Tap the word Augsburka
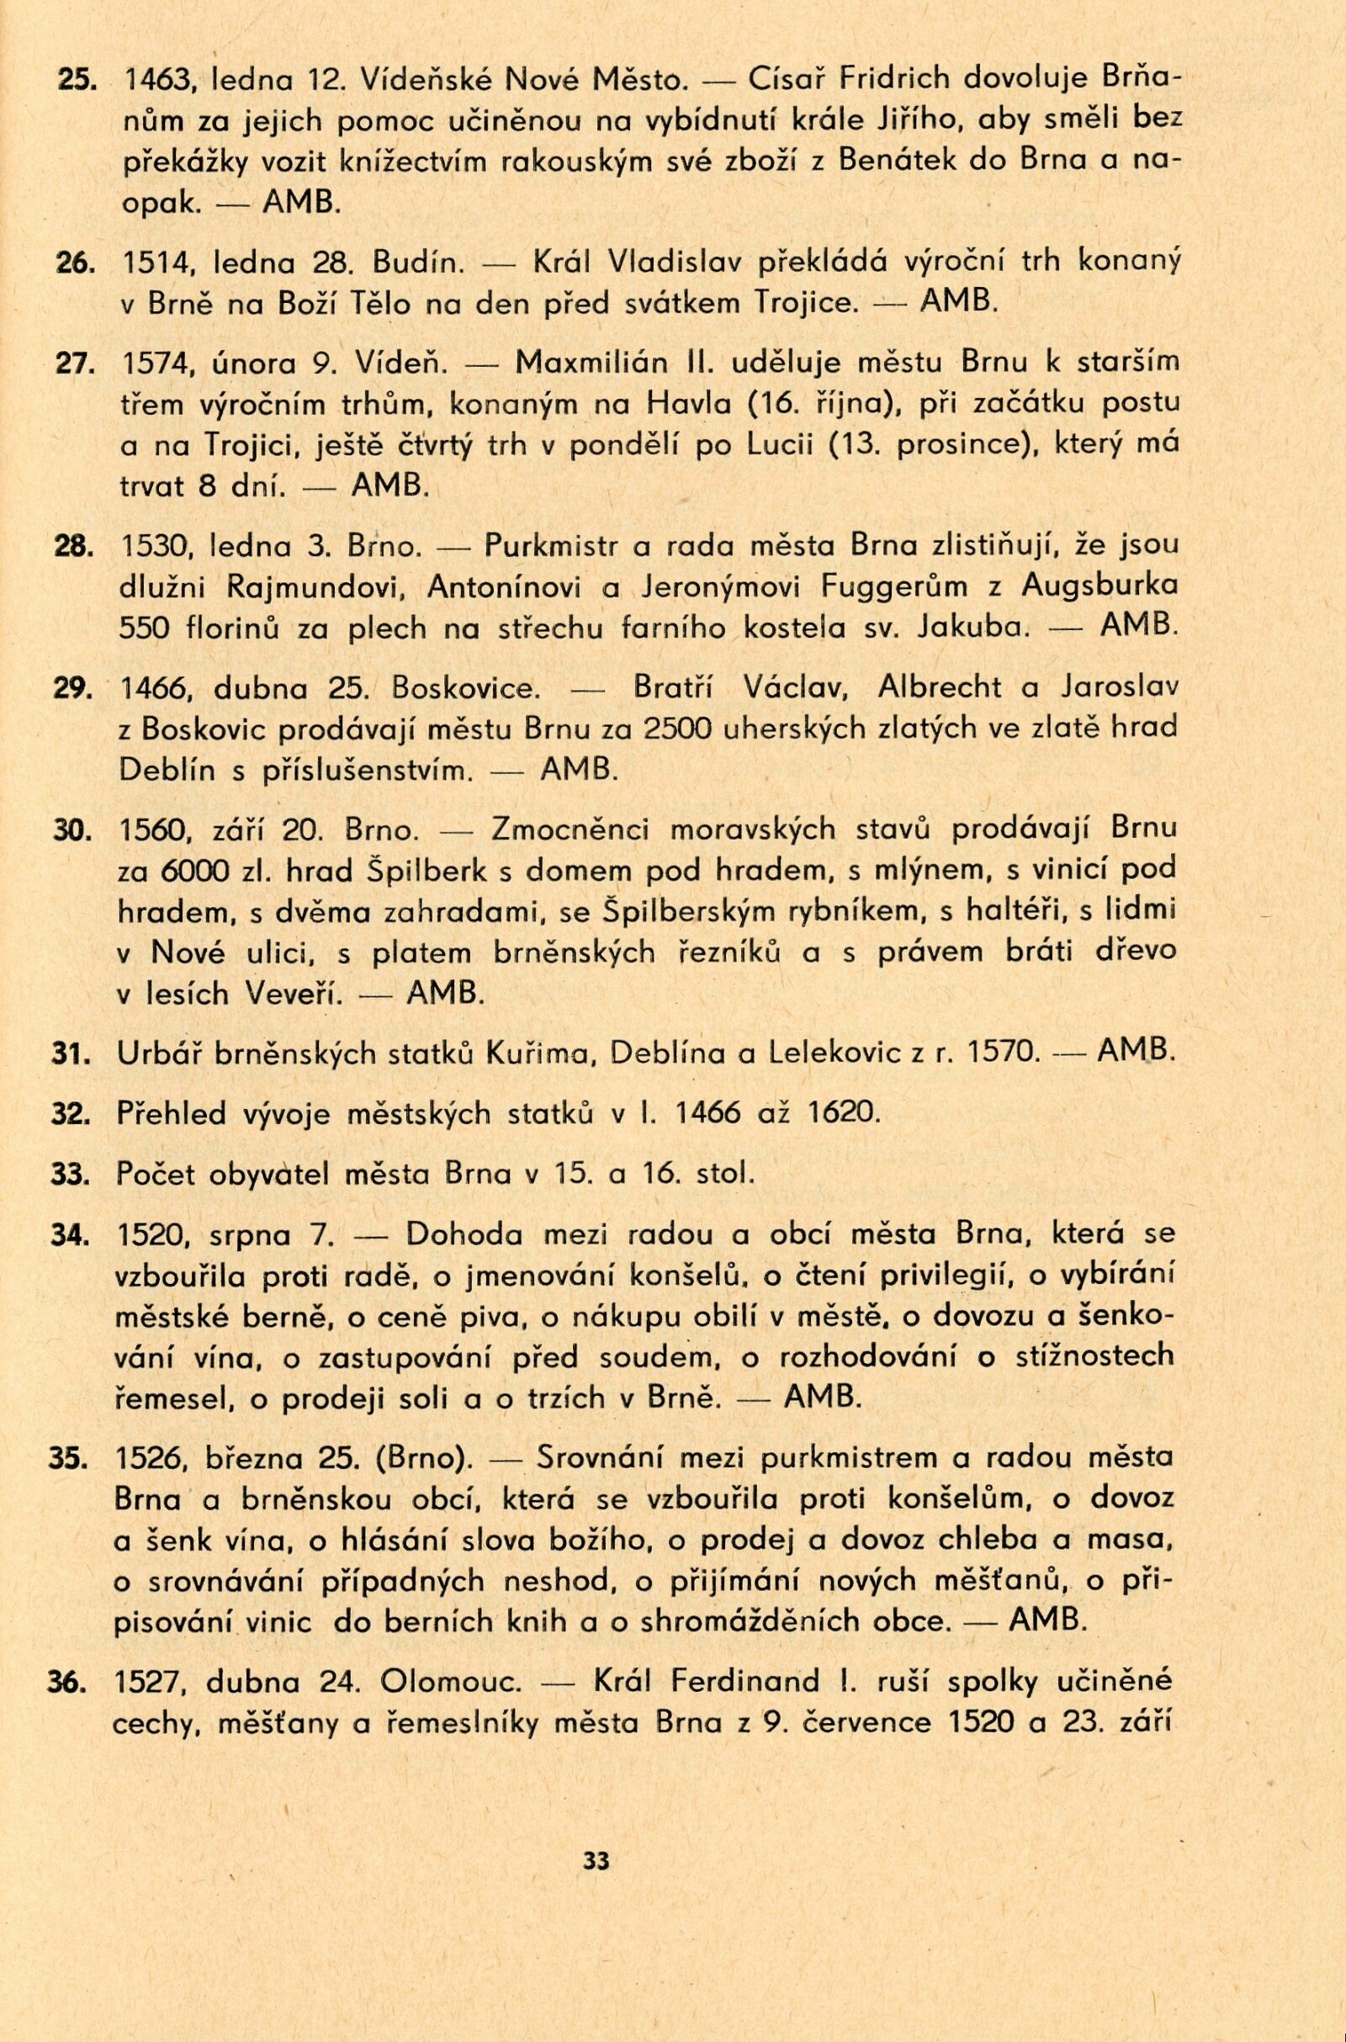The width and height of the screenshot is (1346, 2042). pyautogui.click(x=1100, y=586)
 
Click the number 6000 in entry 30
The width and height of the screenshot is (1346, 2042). pyautogui.click(x=195, y=871)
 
